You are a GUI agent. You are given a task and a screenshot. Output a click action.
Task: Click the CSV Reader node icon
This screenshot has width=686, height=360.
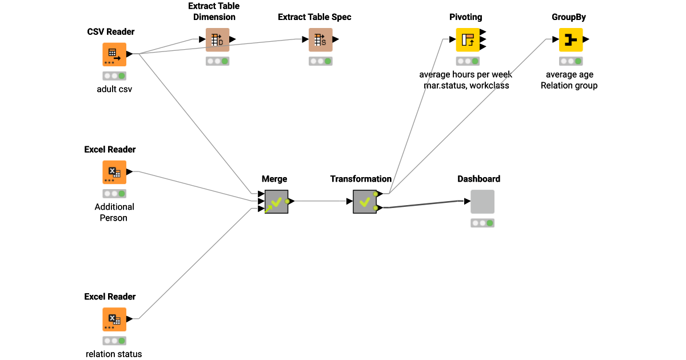pyautogui.click(x=114, y=54)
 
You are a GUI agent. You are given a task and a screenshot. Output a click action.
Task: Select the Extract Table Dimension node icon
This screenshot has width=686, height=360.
pyautogui.click(x=217, y=39)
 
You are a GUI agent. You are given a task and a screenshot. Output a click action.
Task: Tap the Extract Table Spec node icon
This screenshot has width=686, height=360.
pyautogui.click(x=320, y=39)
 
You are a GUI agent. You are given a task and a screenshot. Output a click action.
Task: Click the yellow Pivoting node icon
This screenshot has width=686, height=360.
pyautogui.click(x=468, y=39)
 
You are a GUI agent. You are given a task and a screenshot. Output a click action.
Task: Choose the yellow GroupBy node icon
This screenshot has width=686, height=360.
pyautogui.click(x=571, y=39)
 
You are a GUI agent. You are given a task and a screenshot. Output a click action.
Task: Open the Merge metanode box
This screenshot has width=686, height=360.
pyautogui.click(x=277, y=202)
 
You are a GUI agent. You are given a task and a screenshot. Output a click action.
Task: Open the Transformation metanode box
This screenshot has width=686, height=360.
pyautogui.click(x=365, y=202)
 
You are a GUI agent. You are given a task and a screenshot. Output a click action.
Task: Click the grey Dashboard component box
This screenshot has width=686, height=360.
pyautogui.click(x=482, y=202)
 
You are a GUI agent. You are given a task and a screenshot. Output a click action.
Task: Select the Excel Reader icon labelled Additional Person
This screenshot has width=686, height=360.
pyautogui.click(x=114, y=172)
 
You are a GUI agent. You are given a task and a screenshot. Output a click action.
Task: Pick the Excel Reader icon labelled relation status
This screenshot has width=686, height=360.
pyautogui.click(x=114, y=319)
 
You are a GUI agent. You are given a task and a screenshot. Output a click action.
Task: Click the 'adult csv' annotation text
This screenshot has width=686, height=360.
pyautogui.click(x=114, y=89)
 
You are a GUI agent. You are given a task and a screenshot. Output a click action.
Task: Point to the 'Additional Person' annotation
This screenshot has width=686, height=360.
pyautogui.click(x=114, y=212)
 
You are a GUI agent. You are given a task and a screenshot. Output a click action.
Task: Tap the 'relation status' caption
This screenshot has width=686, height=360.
pyautogui.click(x=114, y=354)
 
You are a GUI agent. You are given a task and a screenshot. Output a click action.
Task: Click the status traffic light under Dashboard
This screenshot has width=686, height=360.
pyautogui.click(x=482, y=223)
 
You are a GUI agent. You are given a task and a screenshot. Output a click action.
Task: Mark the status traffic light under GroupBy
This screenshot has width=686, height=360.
pyautogui.click(x=571, y=61)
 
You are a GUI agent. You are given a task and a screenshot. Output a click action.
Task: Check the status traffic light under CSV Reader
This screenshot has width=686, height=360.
pyautogui.click(x=114, y=75)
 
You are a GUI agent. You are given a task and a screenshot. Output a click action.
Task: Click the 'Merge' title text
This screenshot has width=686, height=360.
pyautogui.click(x=274, y=179)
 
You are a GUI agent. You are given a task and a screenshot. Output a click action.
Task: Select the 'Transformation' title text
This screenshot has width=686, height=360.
pyautogui.click(x=361, y=179)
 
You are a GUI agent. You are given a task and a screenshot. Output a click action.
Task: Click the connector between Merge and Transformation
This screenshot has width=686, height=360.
pyautogui.click(x=320, y=201)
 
